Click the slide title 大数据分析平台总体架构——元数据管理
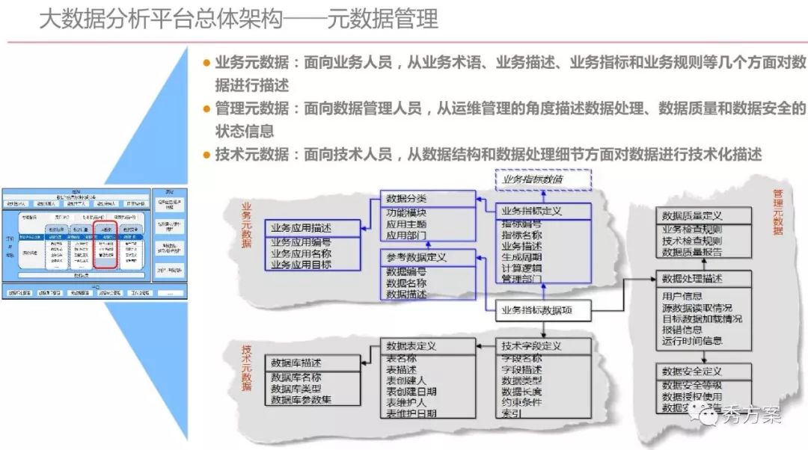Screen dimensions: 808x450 point(238,19)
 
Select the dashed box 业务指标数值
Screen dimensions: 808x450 point(543,179)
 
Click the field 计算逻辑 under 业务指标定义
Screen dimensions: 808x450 point(521,268)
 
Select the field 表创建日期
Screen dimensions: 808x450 point(411,391)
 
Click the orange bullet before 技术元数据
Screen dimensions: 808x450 point(207,155)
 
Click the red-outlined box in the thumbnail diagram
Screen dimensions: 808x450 point(106,244)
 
